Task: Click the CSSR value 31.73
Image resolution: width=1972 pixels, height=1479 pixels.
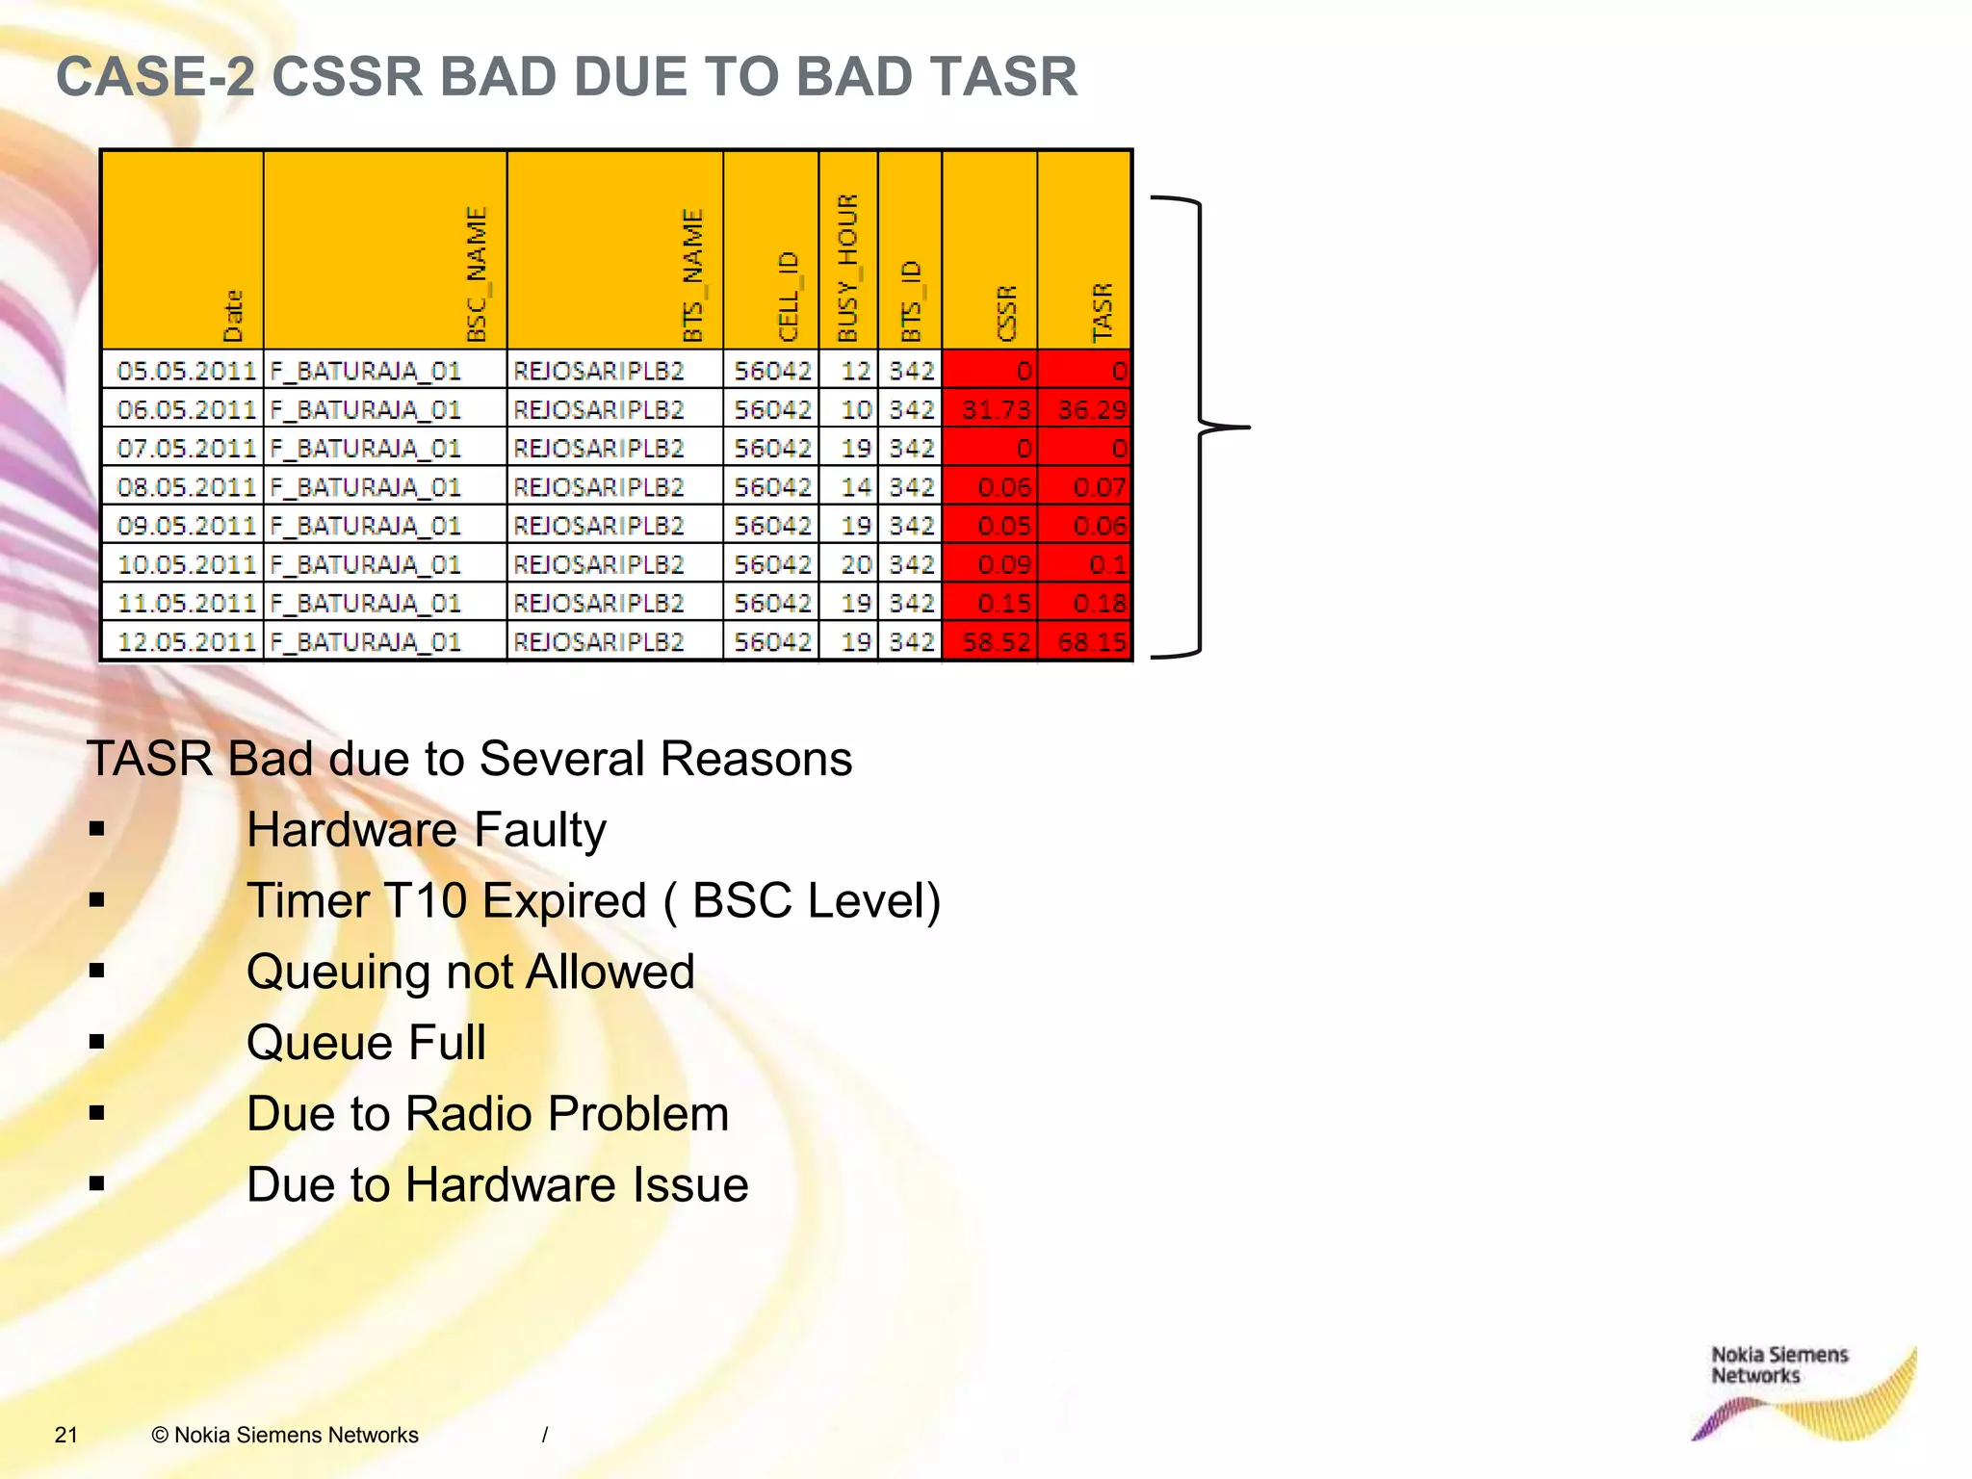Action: point(996,410)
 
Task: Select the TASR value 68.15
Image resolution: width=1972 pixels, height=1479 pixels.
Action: point(1091,642)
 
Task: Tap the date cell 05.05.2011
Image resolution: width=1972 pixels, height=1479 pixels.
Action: point(186,371)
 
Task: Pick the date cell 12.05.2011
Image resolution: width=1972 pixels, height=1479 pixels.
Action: point(186,642)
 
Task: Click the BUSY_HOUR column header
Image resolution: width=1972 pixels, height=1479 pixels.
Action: point(847,268)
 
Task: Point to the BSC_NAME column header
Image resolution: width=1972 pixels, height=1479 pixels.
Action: point(477,273)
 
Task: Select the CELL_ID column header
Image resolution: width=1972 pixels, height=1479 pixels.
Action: point(789,296)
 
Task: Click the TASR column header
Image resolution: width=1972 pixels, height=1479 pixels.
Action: point(1102,311)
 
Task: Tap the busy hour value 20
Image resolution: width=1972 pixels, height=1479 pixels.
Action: point(855,564)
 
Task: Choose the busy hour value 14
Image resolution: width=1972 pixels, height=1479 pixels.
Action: point(855,487)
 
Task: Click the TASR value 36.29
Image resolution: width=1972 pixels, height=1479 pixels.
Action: point(1091,410)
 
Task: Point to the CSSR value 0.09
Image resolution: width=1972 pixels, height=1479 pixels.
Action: point(1003,564)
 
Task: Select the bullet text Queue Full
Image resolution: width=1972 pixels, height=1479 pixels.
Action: point(366,1043)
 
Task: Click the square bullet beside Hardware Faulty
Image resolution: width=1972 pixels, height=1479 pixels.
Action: point(96,829)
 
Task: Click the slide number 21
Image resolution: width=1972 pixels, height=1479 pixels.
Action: point(66,1435)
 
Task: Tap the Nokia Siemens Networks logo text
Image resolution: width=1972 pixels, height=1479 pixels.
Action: point(1778,1365)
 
